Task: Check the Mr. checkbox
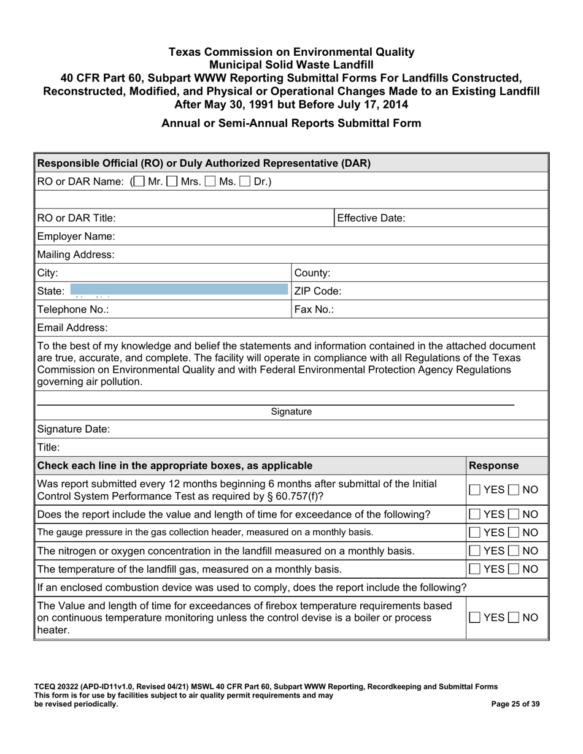pyautogui.click(x=139, y=182)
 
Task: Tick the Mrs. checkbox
pyautogui.click(x=172, y=182)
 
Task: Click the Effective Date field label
pyautogui.click(x=371, y=218)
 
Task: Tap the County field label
pyautogui.click(x=313, y=273)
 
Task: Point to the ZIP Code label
pyautogui.click(x=318, y=291)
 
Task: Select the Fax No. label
pyautogui.click(x=314, y=310)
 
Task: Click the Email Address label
pyautogui.click(x=72, y=328)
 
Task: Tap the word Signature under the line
pyautogui.click(x=291, y=412)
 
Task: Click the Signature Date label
pyautogui.click(x=74, y=429)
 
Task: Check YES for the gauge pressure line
pyautogui.click(x=476, y=532)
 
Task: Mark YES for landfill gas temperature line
pyautogui.click(x=476, y=569)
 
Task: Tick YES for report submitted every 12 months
pyautogui.click(x=476, y=490)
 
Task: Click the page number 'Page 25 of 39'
pyautogui.click(x=515, y=704)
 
